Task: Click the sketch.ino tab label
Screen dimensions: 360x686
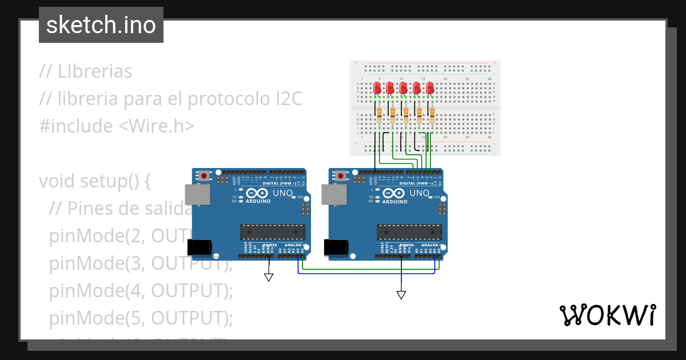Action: [101, 25]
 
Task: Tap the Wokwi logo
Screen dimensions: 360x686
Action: [607, 315]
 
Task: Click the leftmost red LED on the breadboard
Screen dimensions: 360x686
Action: [377, 88]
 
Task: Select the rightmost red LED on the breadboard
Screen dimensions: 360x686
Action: [430, 88]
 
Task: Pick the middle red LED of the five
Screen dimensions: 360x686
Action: [404, 88]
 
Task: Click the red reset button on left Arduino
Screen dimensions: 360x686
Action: [204, 175]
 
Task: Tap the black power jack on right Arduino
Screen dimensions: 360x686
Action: [336, 247]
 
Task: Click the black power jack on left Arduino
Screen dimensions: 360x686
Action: [199, 247]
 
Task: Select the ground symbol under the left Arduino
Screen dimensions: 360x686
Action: [269, 278]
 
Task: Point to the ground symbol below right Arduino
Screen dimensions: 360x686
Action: [401, 295]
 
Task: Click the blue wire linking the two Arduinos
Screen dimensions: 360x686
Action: [366, 273]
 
